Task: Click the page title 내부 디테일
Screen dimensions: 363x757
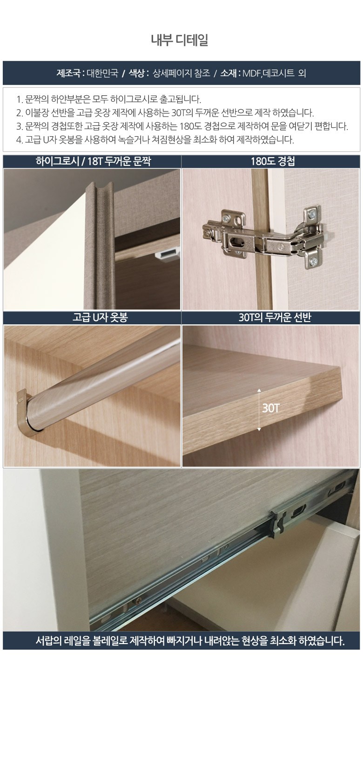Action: point(179,40)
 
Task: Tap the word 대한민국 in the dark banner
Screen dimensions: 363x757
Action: point(102,73)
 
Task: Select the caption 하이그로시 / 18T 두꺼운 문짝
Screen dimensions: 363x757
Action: point(93,162)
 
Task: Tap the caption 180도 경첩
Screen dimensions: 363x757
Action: point(273,162)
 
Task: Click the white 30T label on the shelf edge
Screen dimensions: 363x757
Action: point(270,408)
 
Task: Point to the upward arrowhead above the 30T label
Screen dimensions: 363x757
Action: point(259,390)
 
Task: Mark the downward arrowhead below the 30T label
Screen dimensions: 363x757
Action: point(259,429)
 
